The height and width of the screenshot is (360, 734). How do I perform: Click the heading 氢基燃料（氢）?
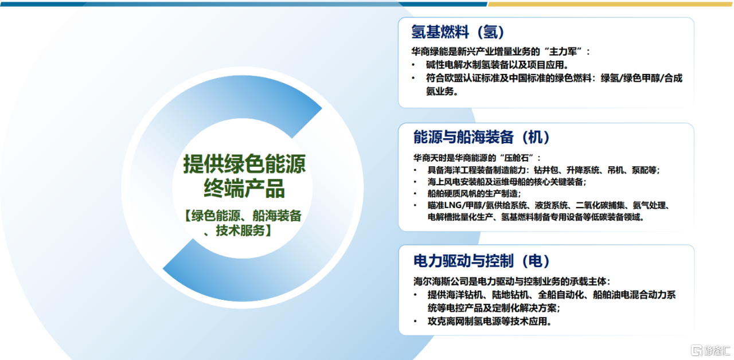[x=458, y=32]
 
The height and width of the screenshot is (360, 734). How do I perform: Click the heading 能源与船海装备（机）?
[x=481, y=137]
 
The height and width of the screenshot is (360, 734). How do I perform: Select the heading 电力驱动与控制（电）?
[x=481, y=261]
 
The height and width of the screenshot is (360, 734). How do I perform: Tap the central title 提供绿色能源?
[x=244, y=164]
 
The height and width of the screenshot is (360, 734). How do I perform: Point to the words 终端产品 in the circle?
[x=244, y=189]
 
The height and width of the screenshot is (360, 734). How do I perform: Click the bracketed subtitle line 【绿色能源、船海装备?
[x=243, y=216]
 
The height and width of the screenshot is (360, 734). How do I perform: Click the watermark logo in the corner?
[x=710, y=350]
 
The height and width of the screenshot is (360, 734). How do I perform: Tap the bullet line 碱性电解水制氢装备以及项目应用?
[x=497, y=65]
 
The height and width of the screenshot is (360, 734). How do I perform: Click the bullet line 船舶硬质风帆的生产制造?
[x=474, y=194]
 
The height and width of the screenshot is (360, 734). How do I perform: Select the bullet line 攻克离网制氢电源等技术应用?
[x=489, y=322]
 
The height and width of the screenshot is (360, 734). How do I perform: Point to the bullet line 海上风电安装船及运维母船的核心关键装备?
[x=506, y=182]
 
